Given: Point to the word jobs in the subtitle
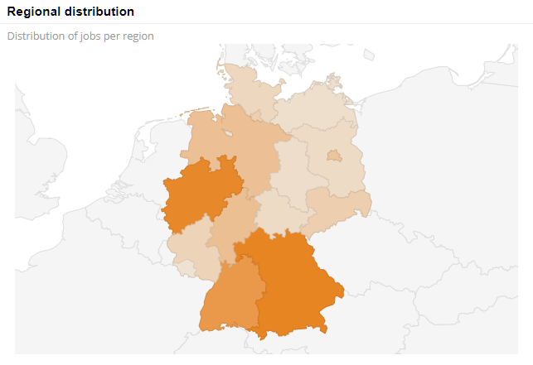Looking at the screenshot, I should [89, 36].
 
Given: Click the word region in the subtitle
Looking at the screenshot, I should [137, 36].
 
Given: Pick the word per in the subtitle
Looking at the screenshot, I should [111, 36].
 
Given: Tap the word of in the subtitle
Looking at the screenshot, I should [70, 36].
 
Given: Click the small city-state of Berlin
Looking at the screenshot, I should [333, 155].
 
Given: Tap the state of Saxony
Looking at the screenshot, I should [336, 207].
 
